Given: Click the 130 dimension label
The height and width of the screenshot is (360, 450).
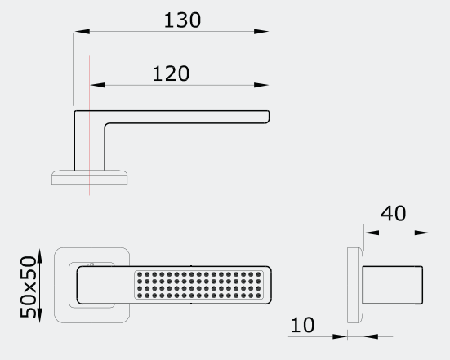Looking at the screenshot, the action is coord(182,20).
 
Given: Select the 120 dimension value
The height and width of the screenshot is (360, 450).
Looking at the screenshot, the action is coord(171,73).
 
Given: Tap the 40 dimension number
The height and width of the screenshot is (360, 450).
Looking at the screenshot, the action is coord(393,213).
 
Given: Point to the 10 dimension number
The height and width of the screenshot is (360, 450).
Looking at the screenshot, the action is coord(302,325).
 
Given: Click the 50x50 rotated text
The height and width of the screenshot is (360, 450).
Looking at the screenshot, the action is coord(28,287).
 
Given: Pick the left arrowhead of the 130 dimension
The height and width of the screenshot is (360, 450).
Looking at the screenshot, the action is coord(82,32).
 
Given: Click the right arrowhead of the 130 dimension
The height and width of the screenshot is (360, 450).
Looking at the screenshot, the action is coord(261,32).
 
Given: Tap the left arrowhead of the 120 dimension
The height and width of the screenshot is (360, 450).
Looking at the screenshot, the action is coord(97,85).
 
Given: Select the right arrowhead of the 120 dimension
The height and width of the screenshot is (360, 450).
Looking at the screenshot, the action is coord(261,85).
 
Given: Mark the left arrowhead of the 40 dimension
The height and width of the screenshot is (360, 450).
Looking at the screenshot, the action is coord(372,233).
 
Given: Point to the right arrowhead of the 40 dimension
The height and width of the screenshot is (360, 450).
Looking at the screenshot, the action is coord(422,233).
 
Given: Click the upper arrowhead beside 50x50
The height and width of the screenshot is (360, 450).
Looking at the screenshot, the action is coord(39,256).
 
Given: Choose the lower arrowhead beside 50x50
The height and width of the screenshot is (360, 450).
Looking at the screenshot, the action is coord(39,315).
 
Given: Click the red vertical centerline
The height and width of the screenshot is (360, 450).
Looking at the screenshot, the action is coord(89,125).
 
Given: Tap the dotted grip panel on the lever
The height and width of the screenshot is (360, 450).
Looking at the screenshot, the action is coord(198,285).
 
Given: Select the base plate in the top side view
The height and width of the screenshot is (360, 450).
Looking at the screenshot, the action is coord(90,178).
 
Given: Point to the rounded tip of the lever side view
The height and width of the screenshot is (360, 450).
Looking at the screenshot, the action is coord(267,117).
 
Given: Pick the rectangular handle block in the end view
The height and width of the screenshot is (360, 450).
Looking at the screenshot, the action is coord(392,285).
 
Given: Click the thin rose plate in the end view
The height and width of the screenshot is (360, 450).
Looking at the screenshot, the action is coord(355,285).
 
